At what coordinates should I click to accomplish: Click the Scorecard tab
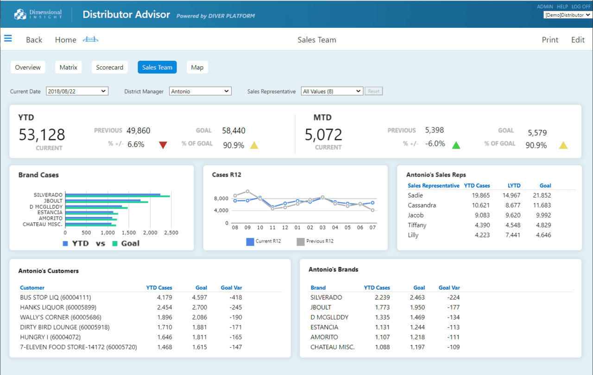tap(110, 67)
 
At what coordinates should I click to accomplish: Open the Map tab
tap(197, 67)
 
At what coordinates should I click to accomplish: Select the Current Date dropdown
tap(77, 91)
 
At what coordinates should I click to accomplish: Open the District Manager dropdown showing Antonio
tap(200, 91)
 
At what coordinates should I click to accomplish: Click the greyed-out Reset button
tap(373, 91)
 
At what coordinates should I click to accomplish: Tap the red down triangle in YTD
tap(163, 145)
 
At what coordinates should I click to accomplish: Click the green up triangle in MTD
tap(456, 145)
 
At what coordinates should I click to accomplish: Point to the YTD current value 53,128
tap(42, 135)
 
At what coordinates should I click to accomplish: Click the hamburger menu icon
tap(8, 39)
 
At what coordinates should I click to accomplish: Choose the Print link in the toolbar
tap(550, 40)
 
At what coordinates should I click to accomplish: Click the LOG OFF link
tap(581, 7)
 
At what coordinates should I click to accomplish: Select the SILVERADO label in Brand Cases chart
tap(48, 195)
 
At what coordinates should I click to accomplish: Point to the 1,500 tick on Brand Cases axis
tap(129, 233)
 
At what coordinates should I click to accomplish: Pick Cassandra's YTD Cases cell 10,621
tap(480, 205)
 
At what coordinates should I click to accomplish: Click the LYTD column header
tap(514, 185)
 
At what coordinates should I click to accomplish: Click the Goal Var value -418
tap(235, 298)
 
